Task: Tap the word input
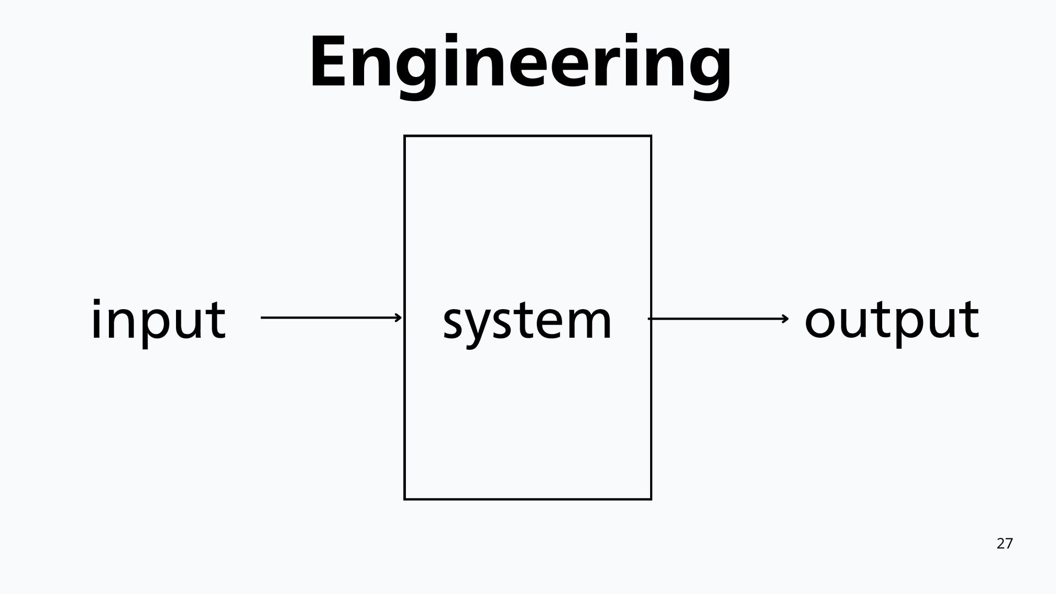pyautogui.click(x=158, y=320)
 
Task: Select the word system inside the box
pyautogui.click(x=527, y=321)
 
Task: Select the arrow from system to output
pyautogui.click(x=718, y=318)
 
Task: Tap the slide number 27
pyautogui.click(x=1004, y=544)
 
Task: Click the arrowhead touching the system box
pyautogui.click(x=399, y=317)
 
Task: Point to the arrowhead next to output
pyautogui.click(x=785, y=318)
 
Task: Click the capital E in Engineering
pyautogui.click(x=328, y=62)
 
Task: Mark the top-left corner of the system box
pyautogui.click(x=405, y=136)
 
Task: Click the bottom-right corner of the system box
pyautogui.click(x=651, y=499)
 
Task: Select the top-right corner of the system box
pyautogui.click(x=651, y=136)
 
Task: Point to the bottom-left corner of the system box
pyautogui.click(x=405, y=499)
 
